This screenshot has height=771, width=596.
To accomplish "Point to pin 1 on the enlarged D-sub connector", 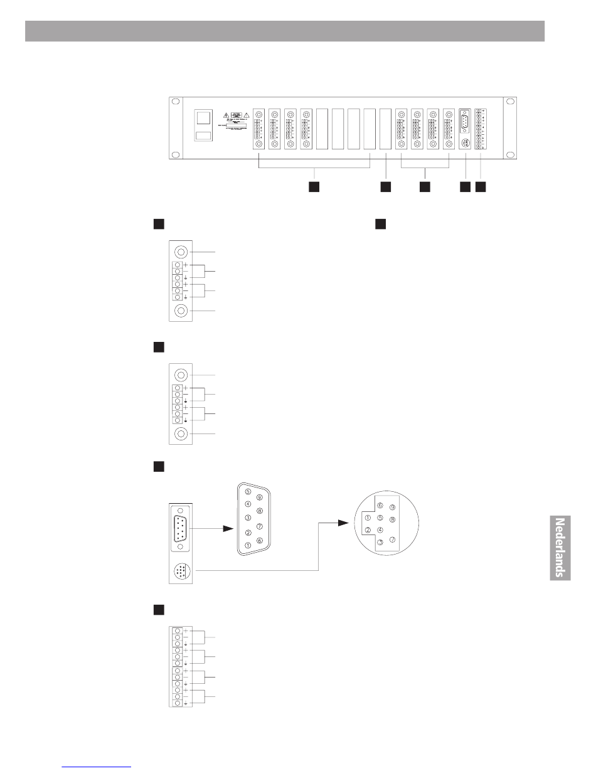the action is click(248, 545).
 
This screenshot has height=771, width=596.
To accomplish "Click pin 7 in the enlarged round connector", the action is click(393, 539).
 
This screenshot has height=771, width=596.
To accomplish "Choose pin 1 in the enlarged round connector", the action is click(368, 518).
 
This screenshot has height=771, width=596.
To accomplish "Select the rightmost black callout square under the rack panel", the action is click(480, 187).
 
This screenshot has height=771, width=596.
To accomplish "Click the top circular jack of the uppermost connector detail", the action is click(181, 252).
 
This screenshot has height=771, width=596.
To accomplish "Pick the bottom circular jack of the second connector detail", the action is click(181, 433).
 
